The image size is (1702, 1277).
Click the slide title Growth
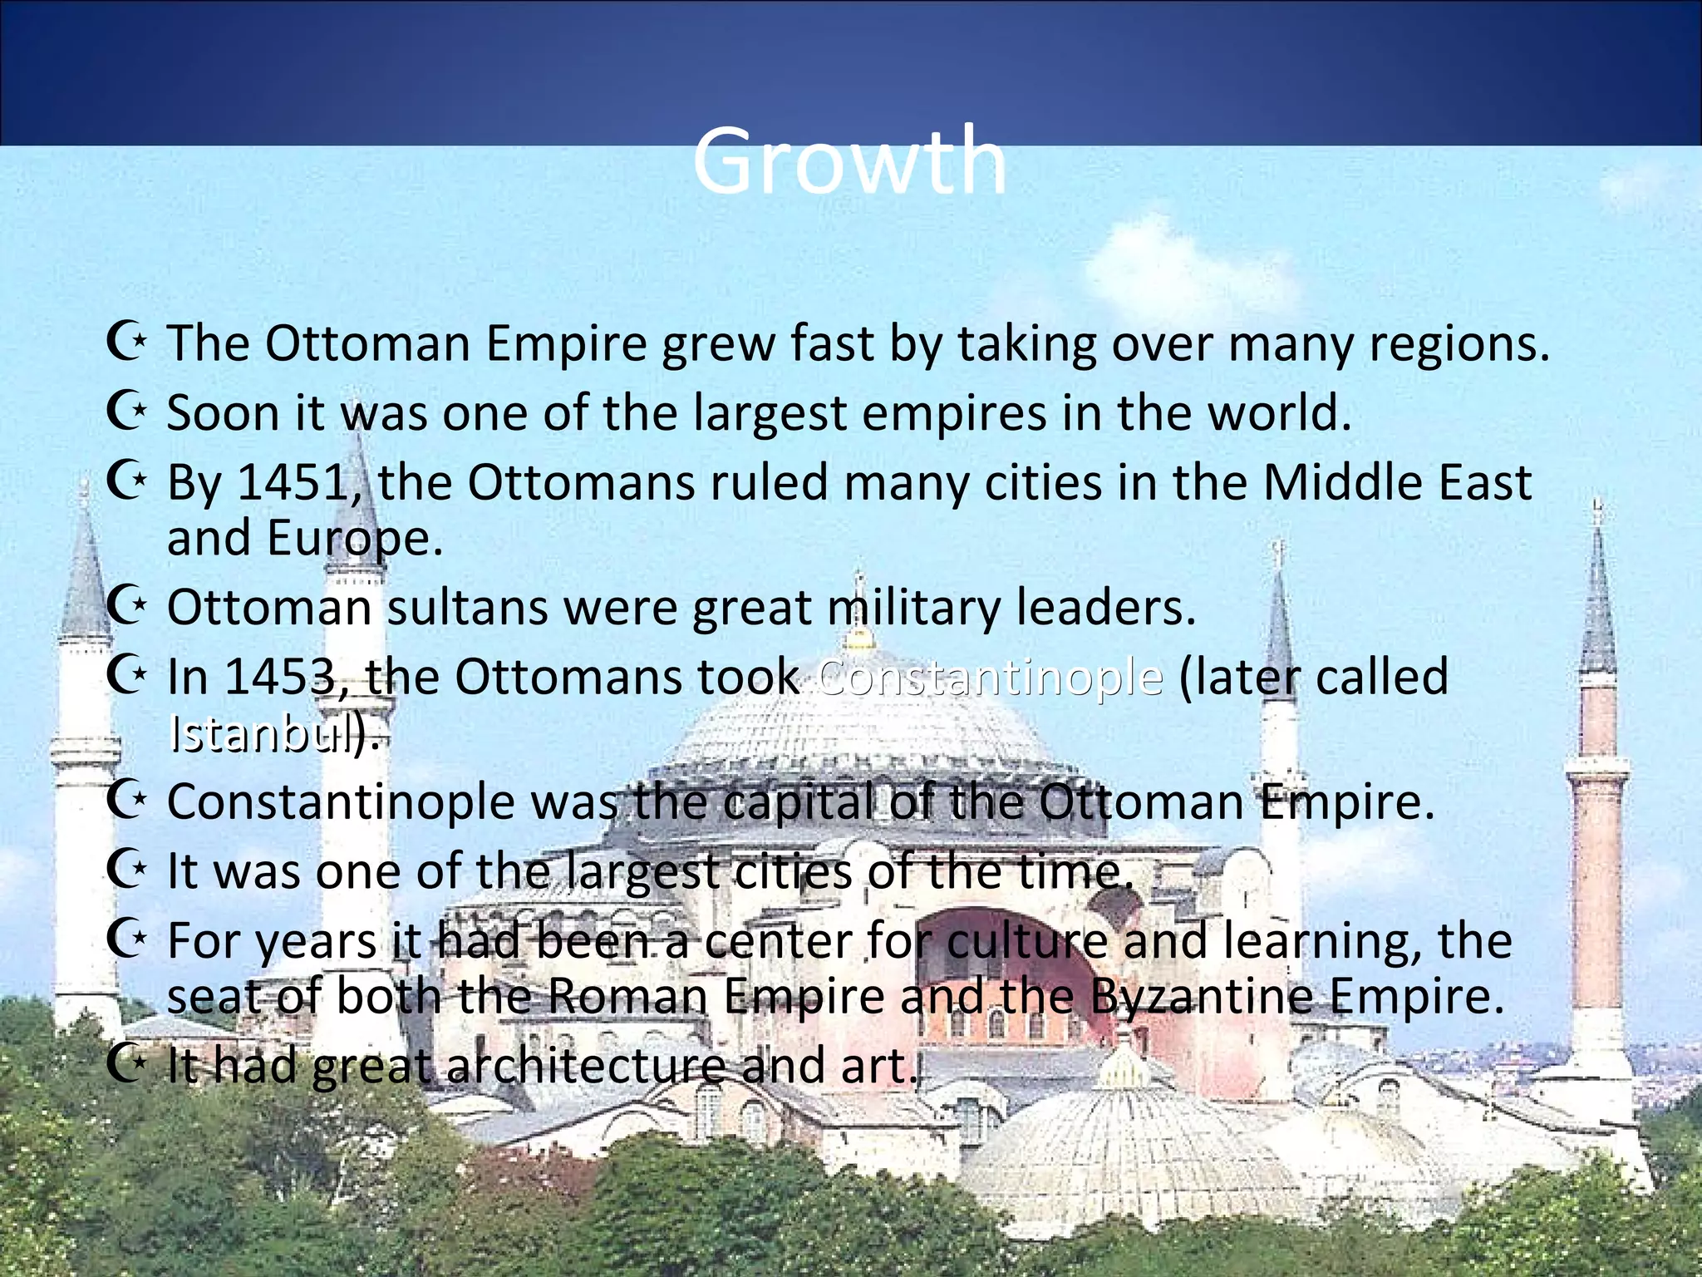pyautogui.click(x=849, y=160)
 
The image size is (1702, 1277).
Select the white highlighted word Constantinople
pyautogui.click(x=990, y=677)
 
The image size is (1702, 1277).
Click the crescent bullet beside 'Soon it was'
pyautogui.click(x=126, y=412)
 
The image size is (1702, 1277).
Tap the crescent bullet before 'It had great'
pyautogui.click(x=126, y=1064)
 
